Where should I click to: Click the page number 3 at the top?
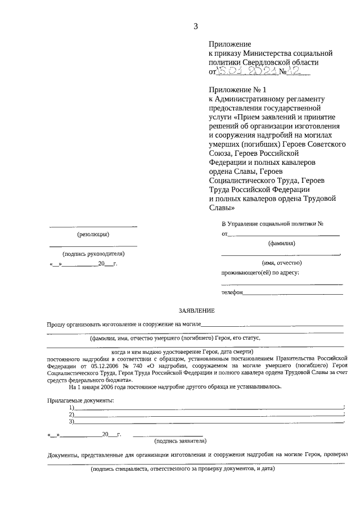196,25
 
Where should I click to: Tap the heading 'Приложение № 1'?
232,90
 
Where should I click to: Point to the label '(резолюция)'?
93,235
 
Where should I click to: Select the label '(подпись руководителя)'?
93,254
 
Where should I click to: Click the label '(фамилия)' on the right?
281,244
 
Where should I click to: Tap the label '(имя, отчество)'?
281,263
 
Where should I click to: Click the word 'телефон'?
232,292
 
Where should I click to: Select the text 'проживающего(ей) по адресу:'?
260,273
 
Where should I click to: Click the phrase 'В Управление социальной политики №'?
272,223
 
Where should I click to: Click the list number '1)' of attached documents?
71,407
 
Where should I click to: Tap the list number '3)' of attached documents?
71,421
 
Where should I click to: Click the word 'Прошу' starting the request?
56,324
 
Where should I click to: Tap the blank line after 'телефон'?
292,293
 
